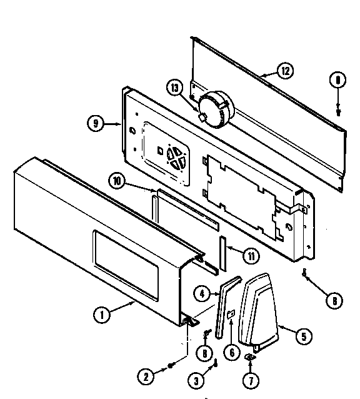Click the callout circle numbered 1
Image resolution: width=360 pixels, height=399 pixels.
click(99, 316)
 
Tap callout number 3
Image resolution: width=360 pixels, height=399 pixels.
click(196, 378)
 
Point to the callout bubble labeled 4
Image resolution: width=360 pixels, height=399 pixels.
click(201, 291)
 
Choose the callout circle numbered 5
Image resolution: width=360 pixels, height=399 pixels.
click(303, 336)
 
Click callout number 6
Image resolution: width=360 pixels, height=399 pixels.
click(231, 353)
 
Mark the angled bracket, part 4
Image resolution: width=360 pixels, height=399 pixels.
click(220, 306)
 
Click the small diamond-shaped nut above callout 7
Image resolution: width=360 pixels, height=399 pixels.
click(250, 357)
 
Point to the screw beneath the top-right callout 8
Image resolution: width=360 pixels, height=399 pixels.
click(338, 111)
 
